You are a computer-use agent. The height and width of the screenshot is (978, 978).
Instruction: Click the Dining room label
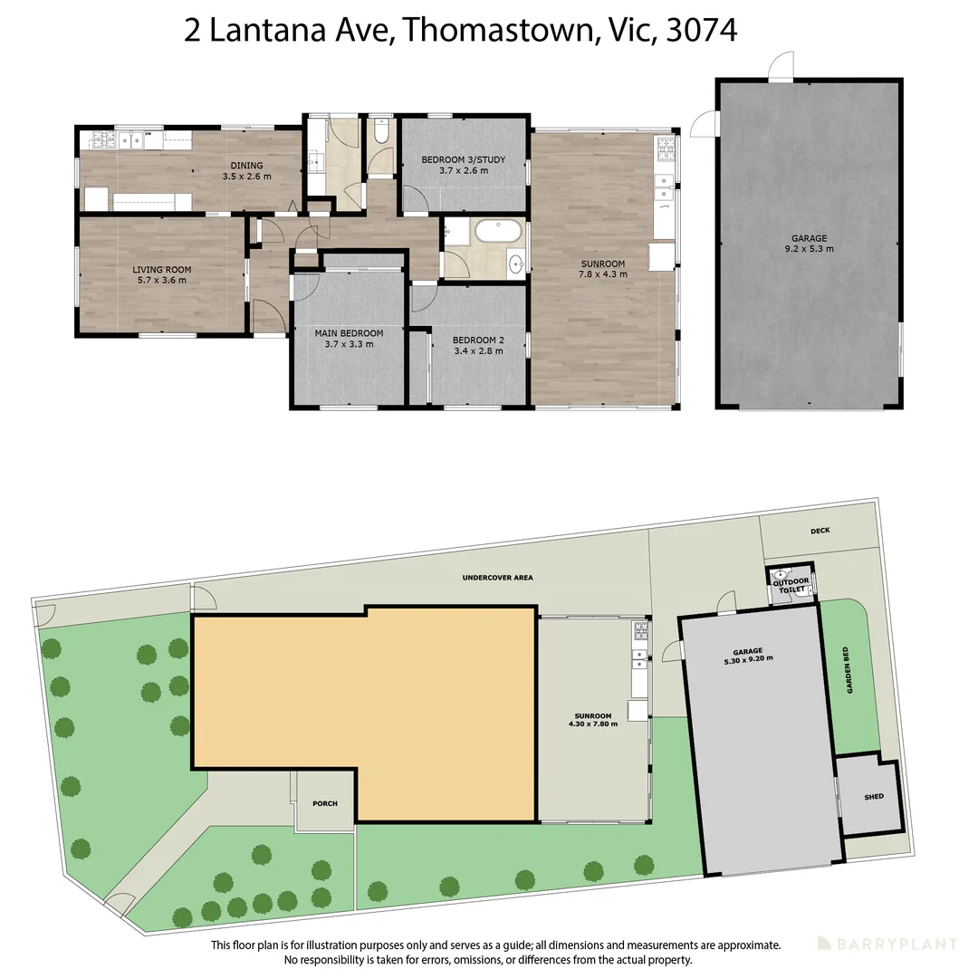click(247, 171)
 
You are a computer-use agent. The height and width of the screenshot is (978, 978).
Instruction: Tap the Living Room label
click(161, 275)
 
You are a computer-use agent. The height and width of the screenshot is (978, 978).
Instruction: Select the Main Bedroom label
click(349, 339)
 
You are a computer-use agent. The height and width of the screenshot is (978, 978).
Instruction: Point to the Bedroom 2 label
click(478, 346)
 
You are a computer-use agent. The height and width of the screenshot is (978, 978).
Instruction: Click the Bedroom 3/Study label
click(464, 165)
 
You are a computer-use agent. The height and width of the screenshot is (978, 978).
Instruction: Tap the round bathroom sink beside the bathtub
click(516, 264)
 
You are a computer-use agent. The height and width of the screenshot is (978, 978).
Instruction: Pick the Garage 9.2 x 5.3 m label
click(809, 244)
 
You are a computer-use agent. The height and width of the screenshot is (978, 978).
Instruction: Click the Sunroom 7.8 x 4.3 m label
click(603, 269)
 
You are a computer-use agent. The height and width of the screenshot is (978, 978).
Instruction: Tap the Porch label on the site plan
click(325, 803)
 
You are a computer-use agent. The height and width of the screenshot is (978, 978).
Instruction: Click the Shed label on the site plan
click(874, 797)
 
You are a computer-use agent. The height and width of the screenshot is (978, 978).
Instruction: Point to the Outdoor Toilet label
click(791, 585)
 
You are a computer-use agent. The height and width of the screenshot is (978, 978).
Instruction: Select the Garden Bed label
click(848, 670)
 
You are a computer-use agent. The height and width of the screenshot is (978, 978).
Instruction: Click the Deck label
click(820, 531)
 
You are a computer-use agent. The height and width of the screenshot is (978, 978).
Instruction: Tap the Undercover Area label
click(498, 578)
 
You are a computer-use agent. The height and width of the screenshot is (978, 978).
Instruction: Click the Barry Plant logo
click(887, 944)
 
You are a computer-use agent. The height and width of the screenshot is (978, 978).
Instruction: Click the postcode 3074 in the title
click(702, 30)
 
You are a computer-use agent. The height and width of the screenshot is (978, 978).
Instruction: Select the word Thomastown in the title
click(498, 30)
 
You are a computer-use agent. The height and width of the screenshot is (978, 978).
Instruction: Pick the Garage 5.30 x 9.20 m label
click(748, 657)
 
